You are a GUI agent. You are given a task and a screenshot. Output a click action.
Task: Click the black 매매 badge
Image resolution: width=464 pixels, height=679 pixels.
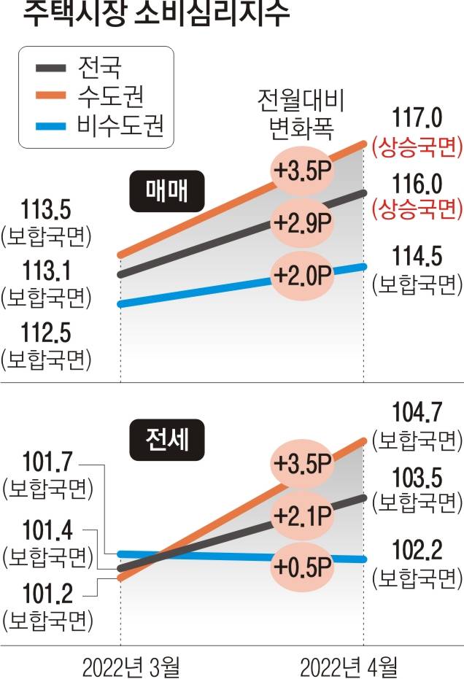point(168,190)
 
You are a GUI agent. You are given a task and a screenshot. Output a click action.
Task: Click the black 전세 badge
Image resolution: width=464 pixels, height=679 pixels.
point(168,441)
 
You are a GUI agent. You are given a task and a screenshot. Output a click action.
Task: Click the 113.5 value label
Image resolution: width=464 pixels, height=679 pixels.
point(45,190)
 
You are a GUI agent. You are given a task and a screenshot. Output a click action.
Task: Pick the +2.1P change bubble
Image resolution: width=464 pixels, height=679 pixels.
point(301,516)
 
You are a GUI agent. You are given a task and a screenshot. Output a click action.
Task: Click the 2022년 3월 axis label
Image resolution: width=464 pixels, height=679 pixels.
point(121,665)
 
